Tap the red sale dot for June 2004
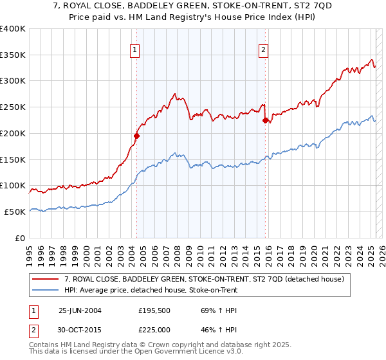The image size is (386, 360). [x=136, y=136]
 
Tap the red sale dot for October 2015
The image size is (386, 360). [x=265, y=120]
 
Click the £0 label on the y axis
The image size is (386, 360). [x=20, y=238]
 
